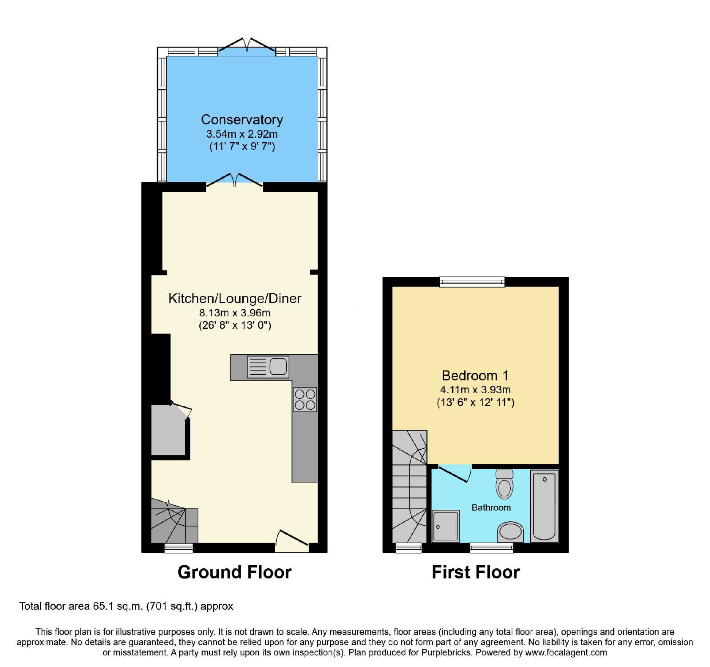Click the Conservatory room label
coord(242,120)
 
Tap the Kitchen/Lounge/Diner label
coord(235,298)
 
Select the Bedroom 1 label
coord(475,375)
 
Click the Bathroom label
coord(491,507)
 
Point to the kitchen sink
coord(268,367)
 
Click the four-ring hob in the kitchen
coord(305,399)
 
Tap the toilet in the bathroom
coord(505,484)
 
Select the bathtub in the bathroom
coord(544,506)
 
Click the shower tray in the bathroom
coord(446,526)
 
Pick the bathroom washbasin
coord(510,532)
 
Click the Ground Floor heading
coord(235,572)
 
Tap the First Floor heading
coord(476,572)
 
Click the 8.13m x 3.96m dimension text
coord(235,313)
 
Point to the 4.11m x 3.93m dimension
coord(475,390)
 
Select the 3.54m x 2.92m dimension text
coord(242,134)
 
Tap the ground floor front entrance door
coord(292,540)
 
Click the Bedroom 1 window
coord(472,281)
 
